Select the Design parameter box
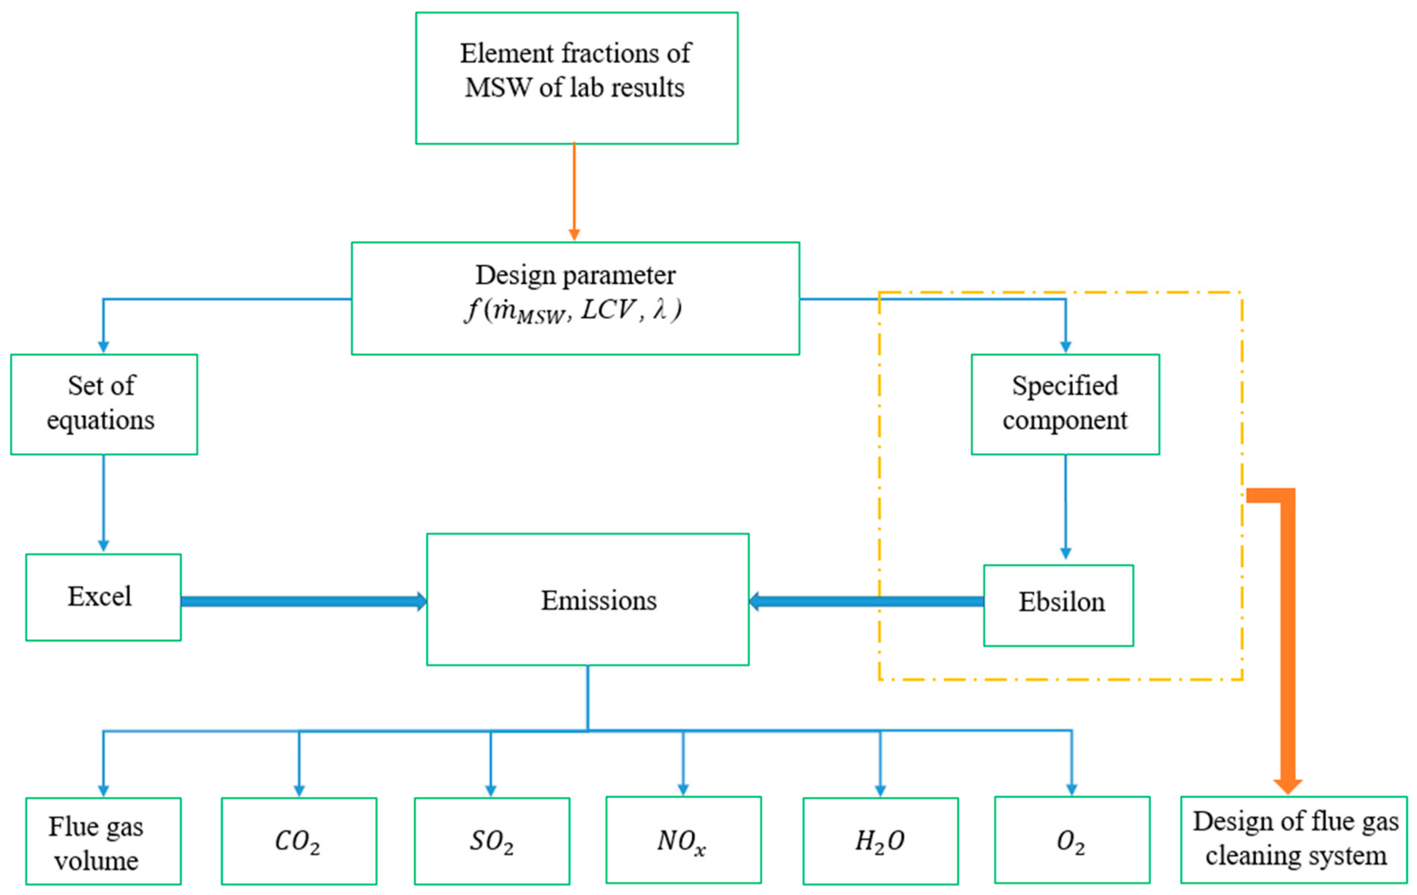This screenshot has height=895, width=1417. pos(575,298)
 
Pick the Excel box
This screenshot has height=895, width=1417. pos(103,597)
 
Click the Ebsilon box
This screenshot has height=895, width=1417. pos(1058,606)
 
